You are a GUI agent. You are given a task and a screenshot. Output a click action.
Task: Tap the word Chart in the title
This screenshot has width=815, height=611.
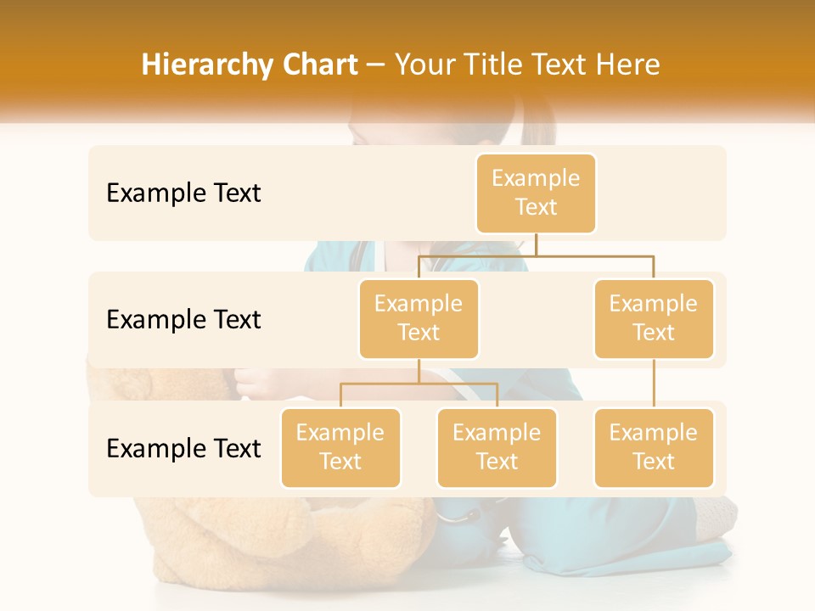(x=316, y=65)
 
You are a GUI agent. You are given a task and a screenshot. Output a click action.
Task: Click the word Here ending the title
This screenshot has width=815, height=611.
(x=628, y=65)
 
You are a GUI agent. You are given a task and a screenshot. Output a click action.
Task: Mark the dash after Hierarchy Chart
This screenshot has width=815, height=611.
(x=376, y=66)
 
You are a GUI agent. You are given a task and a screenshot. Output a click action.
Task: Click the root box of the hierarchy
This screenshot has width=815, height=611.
(x=536, y=193)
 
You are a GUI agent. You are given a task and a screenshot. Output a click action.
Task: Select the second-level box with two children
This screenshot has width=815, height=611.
(x=419, y=319)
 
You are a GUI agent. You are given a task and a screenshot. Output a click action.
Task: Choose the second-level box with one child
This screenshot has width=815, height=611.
(x=654, y=319)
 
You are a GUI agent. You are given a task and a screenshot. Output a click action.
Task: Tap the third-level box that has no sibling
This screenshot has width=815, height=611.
(x=654, y=448)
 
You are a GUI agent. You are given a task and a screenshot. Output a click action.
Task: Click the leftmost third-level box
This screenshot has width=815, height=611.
(x=340, y=448)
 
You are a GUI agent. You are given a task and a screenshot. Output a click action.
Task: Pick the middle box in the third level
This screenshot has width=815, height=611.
(x=497, y=448)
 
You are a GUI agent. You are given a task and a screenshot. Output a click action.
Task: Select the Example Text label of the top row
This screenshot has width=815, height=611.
(x=183, y=193)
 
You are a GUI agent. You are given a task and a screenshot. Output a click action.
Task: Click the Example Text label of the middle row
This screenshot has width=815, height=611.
(x=183, y=320)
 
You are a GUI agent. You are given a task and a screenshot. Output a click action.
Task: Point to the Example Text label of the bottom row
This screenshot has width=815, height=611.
(x=183, y=449)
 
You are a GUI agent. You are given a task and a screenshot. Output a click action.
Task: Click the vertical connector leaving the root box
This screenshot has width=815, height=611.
(x=536, y=244)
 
